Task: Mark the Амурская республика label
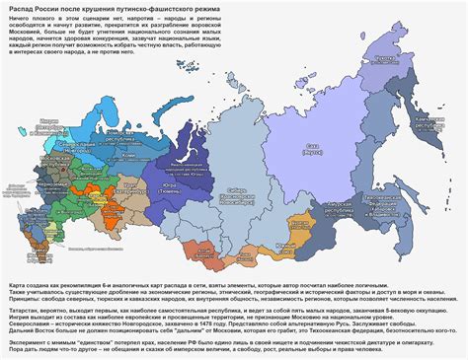click(343, 210)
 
